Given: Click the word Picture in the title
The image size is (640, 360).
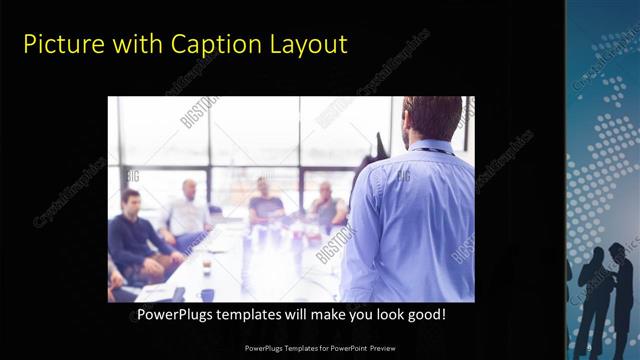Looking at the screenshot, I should click(58, 44).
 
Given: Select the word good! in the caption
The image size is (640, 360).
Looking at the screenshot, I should click(426, 315).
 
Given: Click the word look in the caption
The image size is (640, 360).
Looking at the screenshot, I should click(385, 315).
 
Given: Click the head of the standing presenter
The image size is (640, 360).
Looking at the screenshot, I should click(432, 118).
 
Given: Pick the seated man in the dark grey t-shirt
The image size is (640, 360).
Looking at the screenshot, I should click(266, 205).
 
